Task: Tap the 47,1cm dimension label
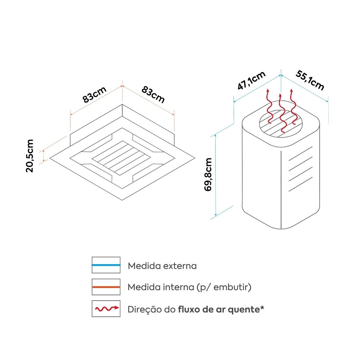[251, 81]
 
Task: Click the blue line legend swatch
[106, 265]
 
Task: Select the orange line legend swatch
[106, 287]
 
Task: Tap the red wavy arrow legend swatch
[106, 309]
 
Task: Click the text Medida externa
[162, 266]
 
